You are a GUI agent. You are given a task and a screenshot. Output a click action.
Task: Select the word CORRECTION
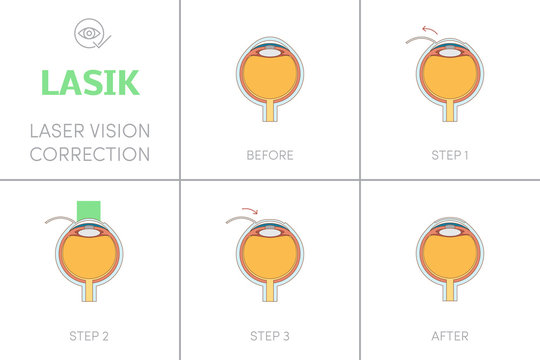coord(90,154)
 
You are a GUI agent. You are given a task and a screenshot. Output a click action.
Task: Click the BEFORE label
coord(269,155)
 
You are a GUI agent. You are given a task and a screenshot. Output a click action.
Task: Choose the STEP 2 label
coord(89,335)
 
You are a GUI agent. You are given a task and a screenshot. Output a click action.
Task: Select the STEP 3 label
coord(269,335)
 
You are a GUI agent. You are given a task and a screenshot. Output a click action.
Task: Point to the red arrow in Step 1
coord(429,29)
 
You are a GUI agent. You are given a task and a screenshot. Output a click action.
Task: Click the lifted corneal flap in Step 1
coord(417,41)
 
